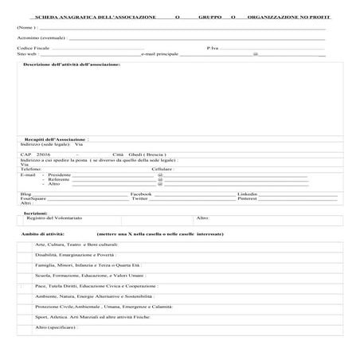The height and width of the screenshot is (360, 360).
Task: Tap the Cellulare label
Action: pos(162,169)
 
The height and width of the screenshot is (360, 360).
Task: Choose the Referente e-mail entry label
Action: pos(58,179)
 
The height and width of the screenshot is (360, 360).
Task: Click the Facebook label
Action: pos(141,194)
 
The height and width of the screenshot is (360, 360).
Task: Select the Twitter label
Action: pos(139,198)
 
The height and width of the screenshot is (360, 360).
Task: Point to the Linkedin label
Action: pos(248,194)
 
